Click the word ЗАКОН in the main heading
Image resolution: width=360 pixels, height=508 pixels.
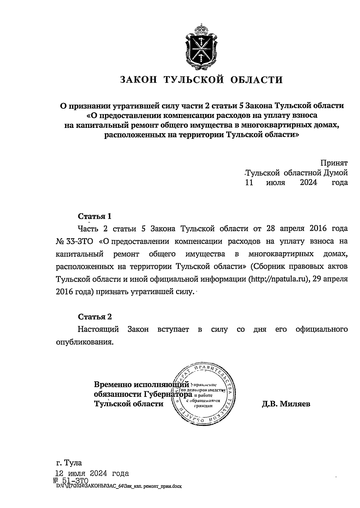[x=139, y=80]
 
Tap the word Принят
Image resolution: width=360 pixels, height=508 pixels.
[x=334, y=163]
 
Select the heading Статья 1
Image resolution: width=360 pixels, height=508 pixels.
[x=94, y=216]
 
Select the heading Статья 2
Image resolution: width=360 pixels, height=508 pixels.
[x=94, y=317]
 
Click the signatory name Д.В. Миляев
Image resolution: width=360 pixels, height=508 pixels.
[x=286, y=404]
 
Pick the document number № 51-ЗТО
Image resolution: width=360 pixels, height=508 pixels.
[x=71, y=481]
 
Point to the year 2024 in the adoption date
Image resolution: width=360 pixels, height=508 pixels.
[x=308, y=182]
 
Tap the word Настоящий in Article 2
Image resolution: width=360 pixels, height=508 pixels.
[x=98, y=329]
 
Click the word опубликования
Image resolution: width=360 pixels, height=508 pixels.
[x=85, y=342]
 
